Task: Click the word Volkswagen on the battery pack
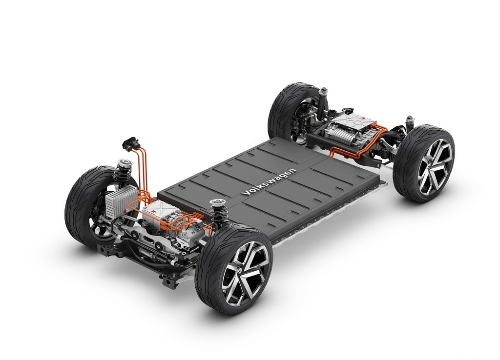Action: [x=269, y=181]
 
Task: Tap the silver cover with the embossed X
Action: [x=158, y=211]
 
